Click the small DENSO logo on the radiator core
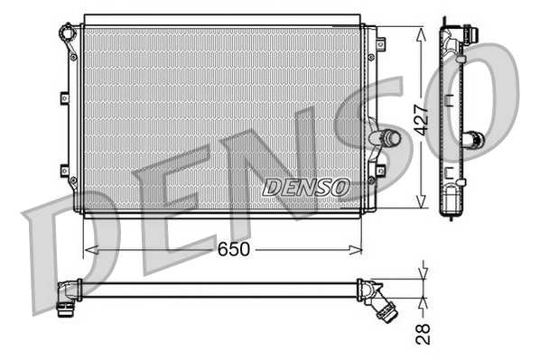pos(304,187)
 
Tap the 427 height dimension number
pos(421,116)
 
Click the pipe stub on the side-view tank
pos(473,140)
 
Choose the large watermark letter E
pos(163,212)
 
